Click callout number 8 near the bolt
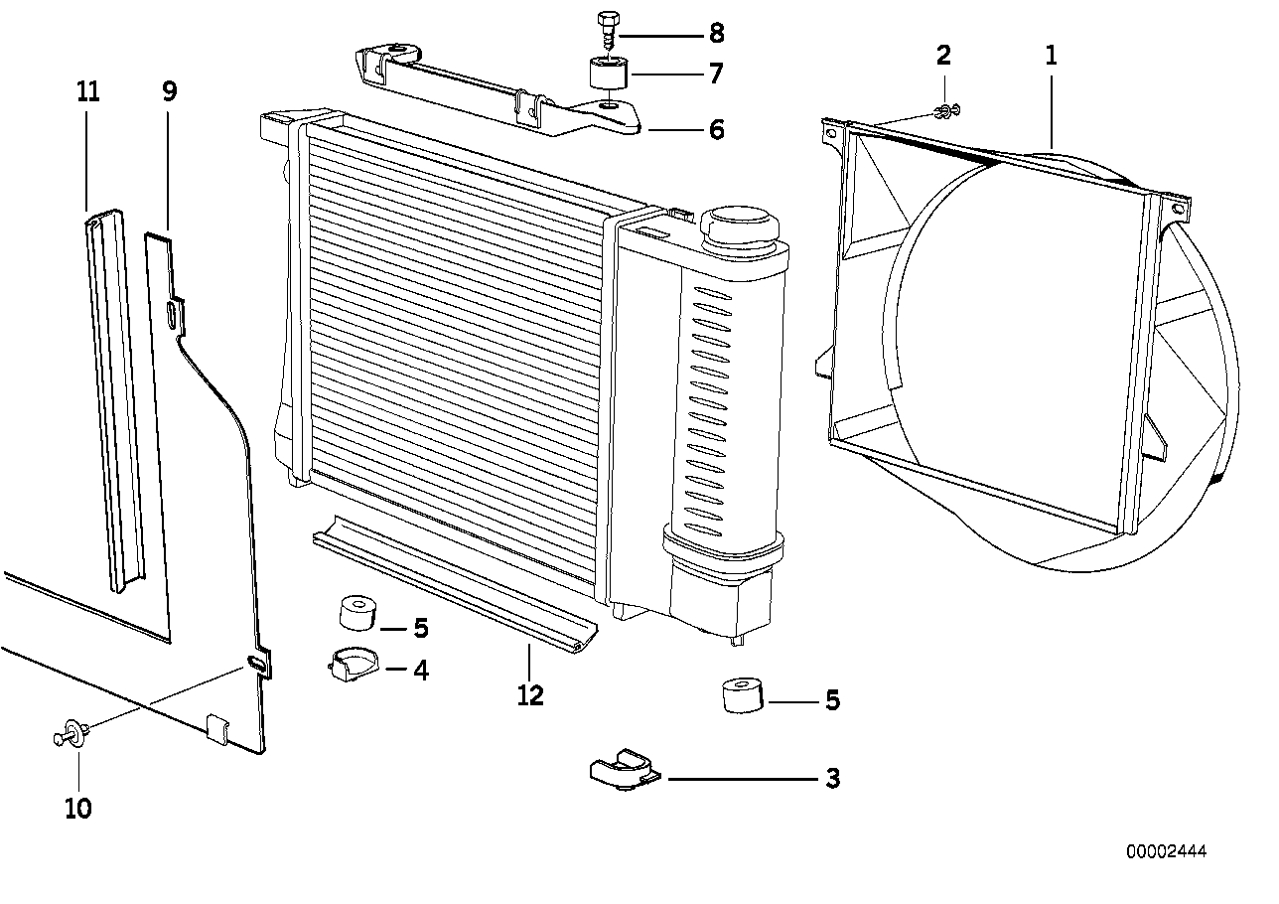[x=716, y=34]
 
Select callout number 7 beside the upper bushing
[x=716, y=74]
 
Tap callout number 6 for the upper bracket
[x=716, y=129]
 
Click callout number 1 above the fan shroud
[x=1051, y=56]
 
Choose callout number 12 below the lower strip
[x=530, y=695]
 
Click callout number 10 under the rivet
[x=77, y=809]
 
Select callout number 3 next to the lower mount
[x=832, y=779]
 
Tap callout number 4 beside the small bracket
[x=421, y=671]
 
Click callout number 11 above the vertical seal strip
[x=88, y=92]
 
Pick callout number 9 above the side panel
[x=169, y=92]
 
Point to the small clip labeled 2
[x=945, y=110]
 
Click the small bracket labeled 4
[x=350, y=664]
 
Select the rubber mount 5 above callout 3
[x=743, y=695]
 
